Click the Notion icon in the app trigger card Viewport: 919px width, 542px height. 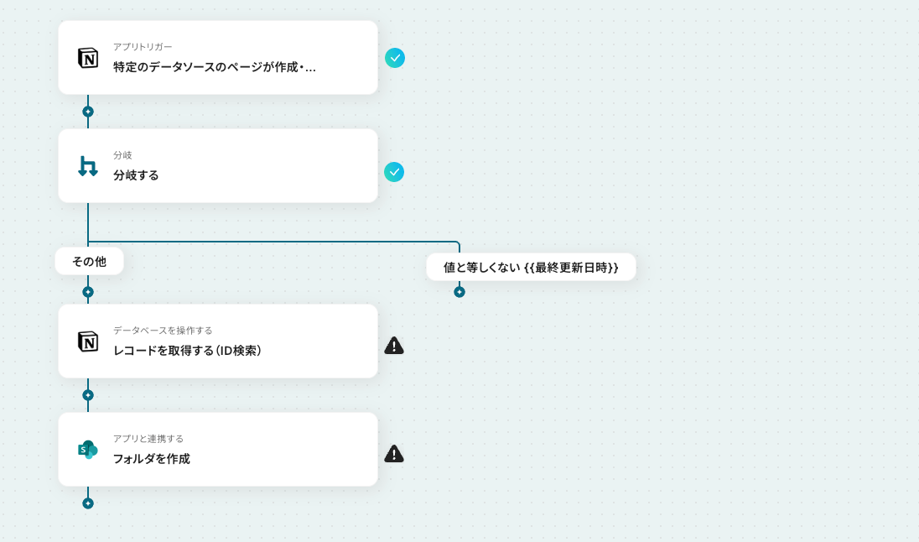[x=88, y=58]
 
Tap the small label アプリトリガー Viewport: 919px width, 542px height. [x=143, y=47]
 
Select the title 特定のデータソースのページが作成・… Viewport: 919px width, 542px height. [x=215, y=67]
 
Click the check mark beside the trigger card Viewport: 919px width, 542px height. [x=395, y=58]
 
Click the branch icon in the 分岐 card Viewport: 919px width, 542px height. [x=88, y=166]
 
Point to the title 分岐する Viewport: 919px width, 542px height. [x=137, y=175]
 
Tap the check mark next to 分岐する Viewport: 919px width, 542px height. [x=394, y=172]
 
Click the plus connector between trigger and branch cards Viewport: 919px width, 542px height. [x=88, y=112]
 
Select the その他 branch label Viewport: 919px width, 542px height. [x=89, y=261]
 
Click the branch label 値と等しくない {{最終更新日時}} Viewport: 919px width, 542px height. [x=531, y=267]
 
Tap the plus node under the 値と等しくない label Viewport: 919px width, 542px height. [x=459, y=292]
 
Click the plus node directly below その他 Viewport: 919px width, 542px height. [x=88, y=292]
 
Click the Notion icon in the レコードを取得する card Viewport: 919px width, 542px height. [x=88, y=341]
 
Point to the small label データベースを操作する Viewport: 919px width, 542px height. [x=163, y=331]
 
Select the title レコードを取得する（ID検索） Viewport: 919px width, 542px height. [x=189, y=351]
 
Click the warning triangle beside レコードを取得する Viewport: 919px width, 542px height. [x=394, y=346]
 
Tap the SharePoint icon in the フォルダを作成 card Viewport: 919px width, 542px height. [x=88, y=450]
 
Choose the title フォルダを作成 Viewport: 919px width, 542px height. [x=152, y=459]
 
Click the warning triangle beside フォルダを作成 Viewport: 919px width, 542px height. [x=394, y=454]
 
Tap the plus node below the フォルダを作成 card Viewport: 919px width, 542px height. [x=88, y=503]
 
